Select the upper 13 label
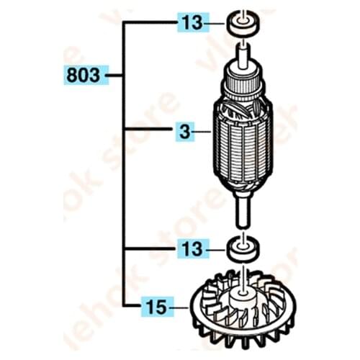click(x=192, y=24)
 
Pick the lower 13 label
click(x=192, y=249)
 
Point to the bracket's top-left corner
click(x=124, y=24)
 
